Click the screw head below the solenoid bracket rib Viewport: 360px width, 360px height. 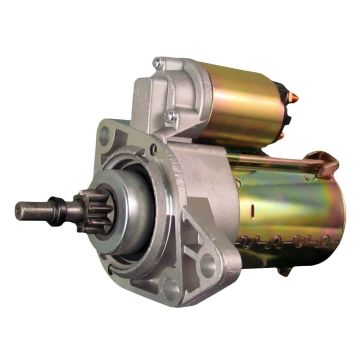[x=172, y=120]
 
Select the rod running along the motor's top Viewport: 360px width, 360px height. [x=270, y=160]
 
